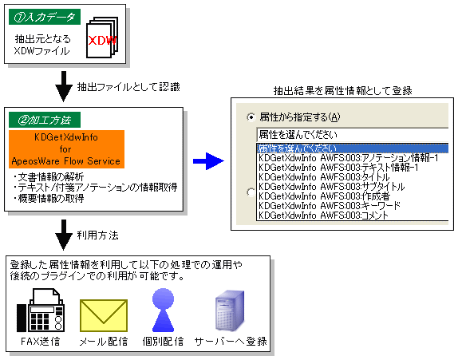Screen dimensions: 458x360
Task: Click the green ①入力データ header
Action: click(x=45, y=17)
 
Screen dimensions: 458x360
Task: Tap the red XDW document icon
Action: click(x=102, y=38)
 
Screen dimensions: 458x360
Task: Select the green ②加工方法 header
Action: click(x=45, y=120)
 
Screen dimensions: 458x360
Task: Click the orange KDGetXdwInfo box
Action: click(x=66, y=149)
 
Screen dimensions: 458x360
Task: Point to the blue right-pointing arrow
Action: click(x=208, y=160)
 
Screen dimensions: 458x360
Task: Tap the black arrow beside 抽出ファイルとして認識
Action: click(x=64, y=86)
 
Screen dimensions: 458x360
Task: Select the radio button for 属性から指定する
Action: click(x=251, y=117)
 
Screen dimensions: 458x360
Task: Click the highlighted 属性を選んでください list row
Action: click(x=353, y=148)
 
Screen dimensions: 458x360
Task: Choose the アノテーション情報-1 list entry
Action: click(x=349, y=158)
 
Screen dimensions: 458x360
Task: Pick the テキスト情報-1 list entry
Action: click(x=338, y=168)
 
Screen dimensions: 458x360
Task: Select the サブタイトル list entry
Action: click(x=331, y=187)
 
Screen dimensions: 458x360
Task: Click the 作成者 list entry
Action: click(x=324, y=196)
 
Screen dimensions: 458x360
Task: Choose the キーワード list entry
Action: click(x=330, y=206)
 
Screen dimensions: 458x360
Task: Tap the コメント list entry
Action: click(x=324, y=216)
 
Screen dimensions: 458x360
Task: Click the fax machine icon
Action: click(x=41, y=311)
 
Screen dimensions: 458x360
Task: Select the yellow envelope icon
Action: click(x=104, y=315)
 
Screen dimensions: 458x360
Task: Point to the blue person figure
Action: click(x=163, y=311)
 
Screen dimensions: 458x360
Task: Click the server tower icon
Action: click(x=230, y=311)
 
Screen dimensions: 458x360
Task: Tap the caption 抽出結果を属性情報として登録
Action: click(x=342, y=91)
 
